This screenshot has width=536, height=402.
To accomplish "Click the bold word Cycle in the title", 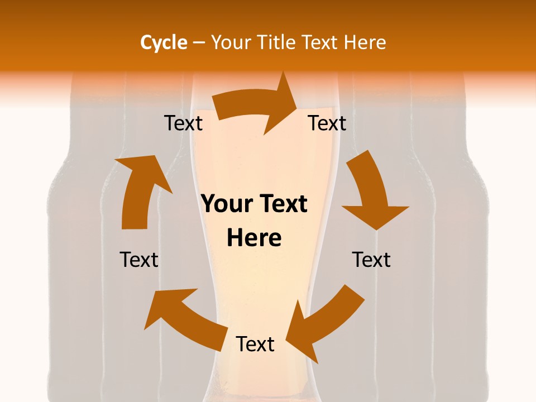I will (x=164, y=42).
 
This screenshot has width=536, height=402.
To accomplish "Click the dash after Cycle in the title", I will (x=199, y=43).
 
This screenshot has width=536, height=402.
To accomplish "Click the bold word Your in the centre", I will (x=226, y=204).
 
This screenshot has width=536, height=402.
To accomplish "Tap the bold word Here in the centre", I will (x=254, y=238).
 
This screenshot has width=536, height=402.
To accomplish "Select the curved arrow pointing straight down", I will (x=371, y=195).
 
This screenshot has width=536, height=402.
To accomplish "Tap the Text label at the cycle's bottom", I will (x=255, y=344).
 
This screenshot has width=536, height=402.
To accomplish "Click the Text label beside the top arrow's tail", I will (x=183, y=123).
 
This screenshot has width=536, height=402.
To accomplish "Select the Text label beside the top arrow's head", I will (x=327, y=123).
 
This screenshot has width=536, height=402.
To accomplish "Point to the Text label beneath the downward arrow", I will (x=371, y=260).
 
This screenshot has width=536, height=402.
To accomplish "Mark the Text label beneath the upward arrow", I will (x=139, y=260).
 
